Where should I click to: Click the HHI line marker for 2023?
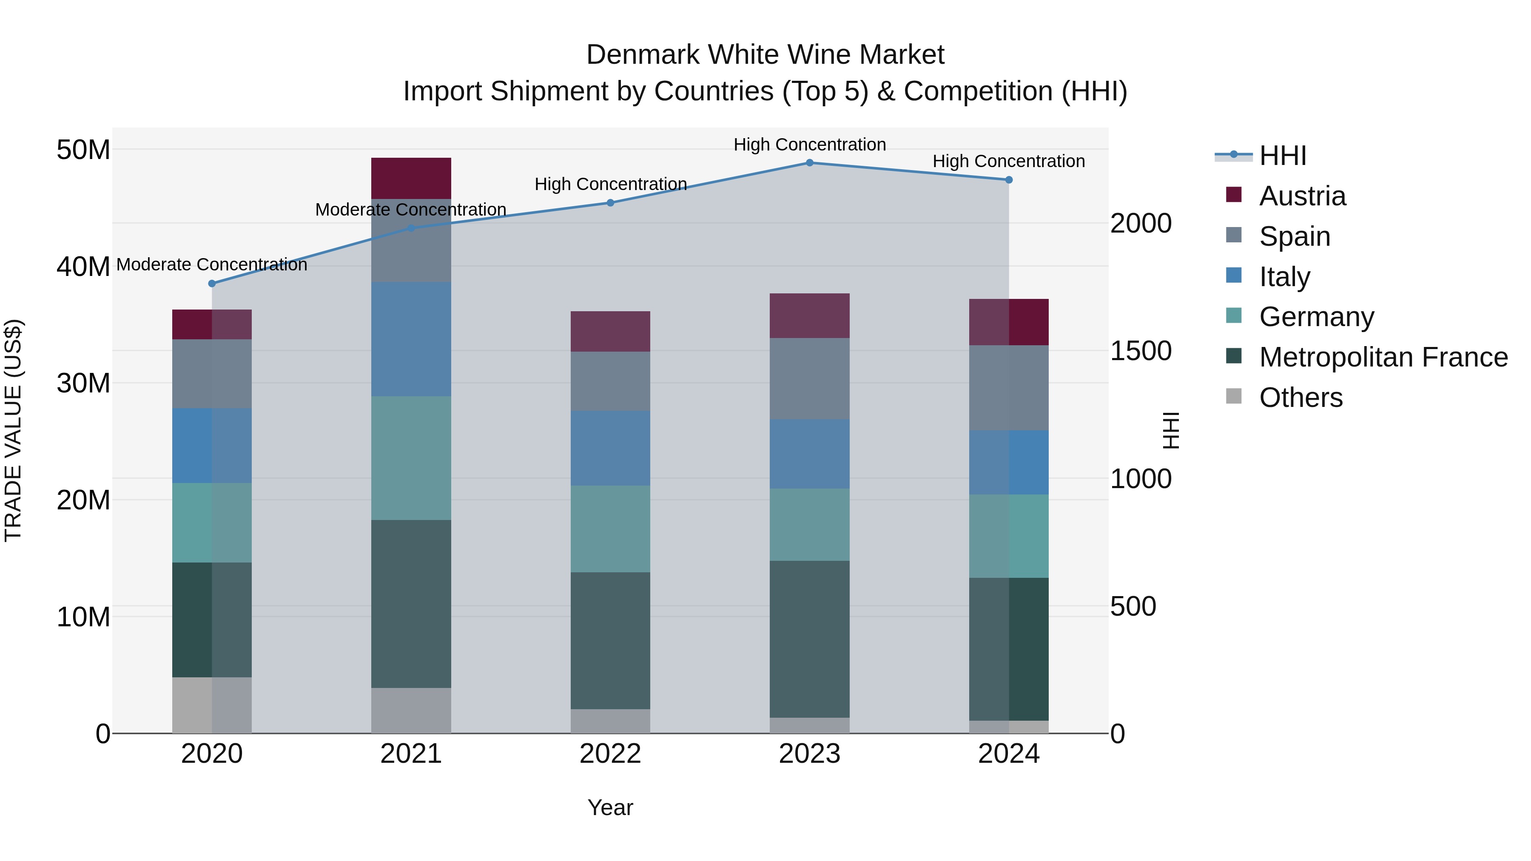point(809,163)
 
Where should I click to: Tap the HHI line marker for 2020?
point(212,284)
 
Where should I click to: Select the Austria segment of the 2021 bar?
point(411,178)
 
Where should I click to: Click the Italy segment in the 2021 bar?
point(411,339)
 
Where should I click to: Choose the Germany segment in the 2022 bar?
point(610,529)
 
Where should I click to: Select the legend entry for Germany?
point(1316,317)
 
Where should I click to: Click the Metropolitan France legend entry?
point(1383,357)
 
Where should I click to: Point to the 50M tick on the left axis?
point(83,150)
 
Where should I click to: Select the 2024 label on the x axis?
point(1009,754)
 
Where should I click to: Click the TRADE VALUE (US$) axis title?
point(13,430)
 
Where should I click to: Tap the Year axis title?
point(610,807)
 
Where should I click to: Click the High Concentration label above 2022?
point(610,184)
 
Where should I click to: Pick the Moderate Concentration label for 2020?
point(212,264)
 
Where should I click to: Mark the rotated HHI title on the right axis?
point(1170,430)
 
